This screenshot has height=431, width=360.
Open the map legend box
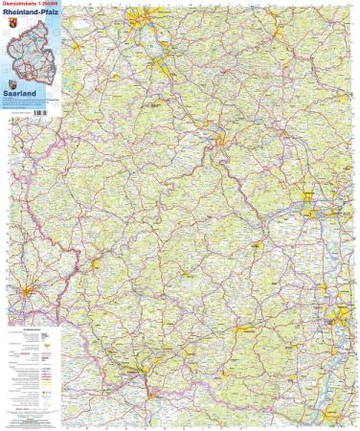(29, 369)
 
